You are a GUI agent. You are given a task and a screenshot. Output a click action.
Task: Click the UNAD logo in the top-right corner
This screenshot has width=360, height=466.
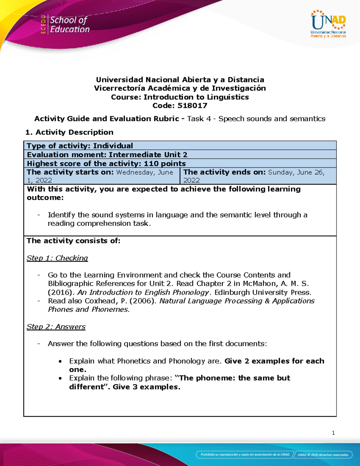coord(328,24)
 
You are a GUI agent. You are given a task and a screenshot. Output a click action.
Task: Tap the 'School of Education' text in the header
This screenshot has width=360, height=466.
coord(70,25)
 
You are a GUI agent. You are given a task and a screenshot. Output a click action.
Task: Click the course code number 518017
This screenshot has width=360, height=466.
coord(192,106)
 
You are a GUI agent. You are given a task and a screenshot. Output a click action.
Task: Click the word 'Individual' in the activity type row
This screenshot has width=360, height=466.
coord(113,146)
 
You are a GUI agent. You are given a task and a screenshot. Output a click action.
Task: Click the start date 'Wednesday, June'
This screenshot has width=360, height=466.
coord(145,172)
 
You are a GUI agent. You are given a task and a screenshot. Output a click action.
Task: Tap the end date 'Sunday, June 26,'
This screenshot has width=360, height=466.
coord(296,172)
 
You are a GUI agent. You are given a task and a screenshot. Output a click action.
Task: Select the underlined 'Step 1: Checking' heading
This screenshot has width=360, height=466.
coord(57,258)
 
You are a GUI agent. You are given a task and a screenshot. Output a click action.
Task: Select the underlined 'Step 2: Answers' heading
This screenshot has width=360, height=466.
coord(56,327)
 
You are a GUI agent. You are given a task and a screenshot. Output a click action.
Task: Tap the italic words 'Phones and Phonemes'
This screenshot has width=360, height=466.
coord(88,309)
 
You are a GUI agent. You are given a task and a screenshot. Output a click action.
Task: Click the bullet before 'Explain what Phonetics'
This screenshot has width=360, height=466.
coord(60,361)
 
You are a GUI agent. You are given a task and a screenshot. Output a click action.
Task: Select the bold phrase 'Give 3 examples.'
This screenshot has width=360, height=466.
coord(146,387)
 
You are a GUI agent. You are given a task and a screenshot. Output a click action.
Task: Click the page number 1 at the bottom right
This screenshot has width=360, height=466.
coord(333,433)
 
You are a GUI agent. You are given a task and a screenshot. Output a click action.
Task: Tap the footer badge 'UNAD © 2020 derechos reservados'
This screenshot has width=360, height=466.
coord(323,455)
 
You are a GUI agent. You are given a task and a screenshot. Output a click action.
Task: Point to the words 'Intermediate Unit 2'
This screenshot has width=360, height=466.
coord(148,155)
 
